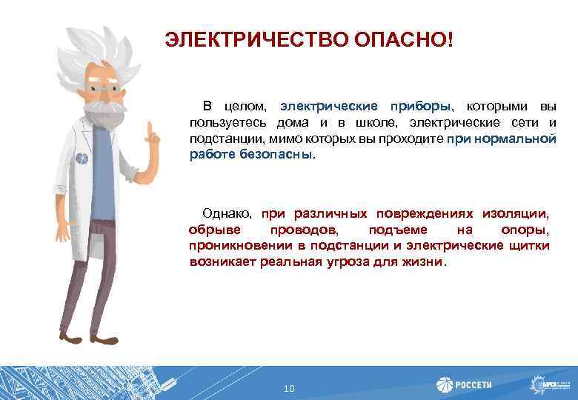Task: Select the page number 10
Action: click(x=289, y=388)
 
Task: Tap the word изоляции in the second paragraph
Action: click(x=516, y=213)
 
